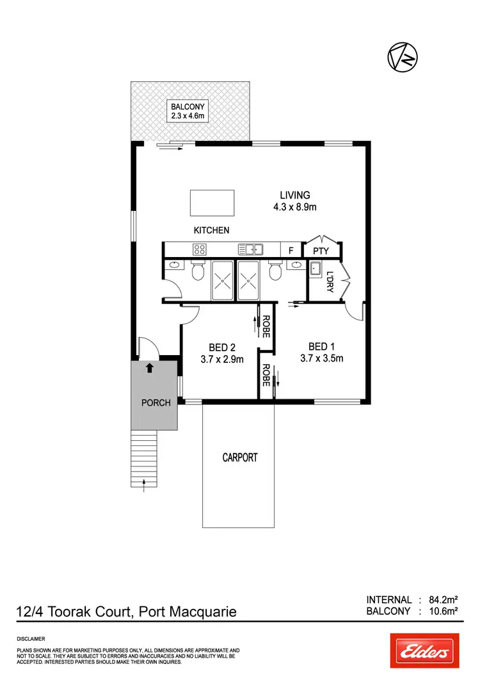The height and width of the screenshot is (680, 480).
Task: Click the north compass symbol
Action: point(403,57)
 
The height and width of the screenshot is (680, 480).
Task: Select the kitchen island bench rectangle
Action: point(212,203)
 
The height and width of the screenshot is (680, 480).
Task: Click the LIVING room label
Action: point(295,195)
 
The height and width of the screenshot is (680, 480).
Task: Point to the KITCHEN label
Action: point(211,230)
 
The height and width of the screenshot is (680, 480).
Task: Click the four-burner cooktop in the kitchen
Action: point(199,249)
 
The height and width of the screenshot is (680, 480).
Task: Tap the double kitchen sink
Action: point(250,249)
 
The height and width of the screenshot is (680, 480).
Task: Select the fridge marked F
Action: point(291,251)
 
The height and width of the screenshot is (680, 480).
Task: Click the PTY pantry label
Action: point(321,251)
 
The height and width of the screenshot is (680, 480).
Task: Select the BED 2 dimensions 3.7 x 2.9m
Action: point(223,360)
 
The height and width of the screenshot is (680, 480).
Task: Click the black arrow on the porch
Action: point(150,368)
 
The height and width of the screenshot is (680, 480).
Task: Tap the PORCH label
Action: point(156,402)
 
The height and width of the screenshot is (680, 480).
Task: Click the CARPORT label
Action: point(239,458)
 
